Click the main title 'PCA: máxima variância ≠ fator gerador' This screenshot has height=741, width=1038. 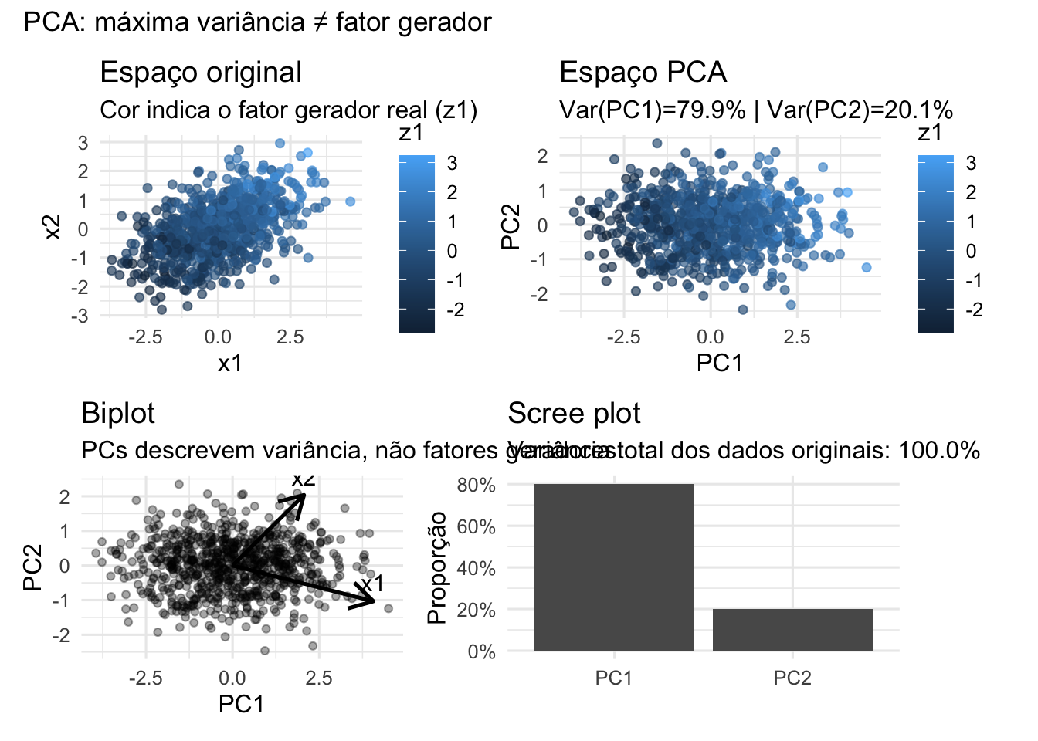pyautogui.click(x=257, y=22)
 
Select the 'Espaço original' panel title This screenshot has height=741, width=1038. pyautogui.click(x=201, y=72)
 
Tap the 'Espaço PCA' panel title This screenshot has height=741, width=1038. pyautogui.click(x=643, y=72)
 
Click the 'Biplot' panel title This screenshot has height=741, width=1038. pyautogui.click(x=118, y=413)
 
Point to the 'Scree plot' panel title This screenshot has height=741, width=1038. pyautogui.click(x=574, y=413)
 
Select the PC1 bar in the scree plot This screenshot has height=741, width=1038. pyautogui.click(x=614, y=567)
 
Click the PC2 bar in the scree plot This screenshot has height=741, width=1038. pyautogui.click(x=792, y=630)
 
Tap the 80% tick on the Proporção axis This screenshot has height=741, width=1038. pyautogui.click(x=477, y=486)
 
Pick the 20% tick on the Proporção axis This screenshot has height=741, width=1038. pyautogui.click(x=477, y=610)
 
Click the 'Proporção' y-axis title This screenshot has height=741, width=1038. pyautogui.click(x=437, y=567)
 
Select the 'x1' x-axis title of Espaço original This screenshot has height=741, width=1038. pyautogui.click(x=229, y=363)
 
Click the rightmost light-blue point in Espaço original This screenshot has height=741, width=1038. pyautogui.click(x=350, y=201)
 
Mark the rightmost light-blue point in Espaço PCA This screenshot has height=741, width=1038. pyautogui.click(x=867, y=267)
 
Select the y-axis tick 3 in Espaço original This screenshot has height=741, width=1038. pyautogui.click(x=83, y=143)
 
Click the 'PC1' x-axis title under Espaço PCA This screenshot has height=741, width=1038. pyautogui.click(x=719, y=363)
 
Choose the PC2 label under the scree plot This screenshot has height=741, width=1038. pyautogui.click(x=792, y=678)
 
